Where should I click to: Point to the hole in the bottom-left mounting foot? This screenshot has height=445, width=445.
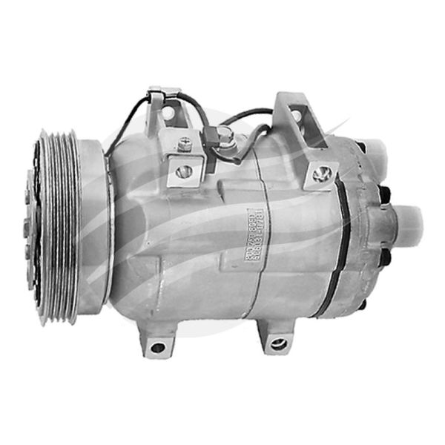coord(156,346)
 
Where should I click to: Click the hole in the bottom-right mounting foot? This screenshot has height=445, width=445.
coord(278,343)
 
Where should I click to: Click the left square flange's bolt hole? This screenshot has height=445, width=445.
coord(184,171)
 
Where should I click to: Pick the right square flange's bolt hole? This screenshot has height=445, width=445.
coord(321,174)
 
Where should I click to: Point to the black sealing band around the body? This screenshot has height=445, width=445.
coord(342,245)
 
